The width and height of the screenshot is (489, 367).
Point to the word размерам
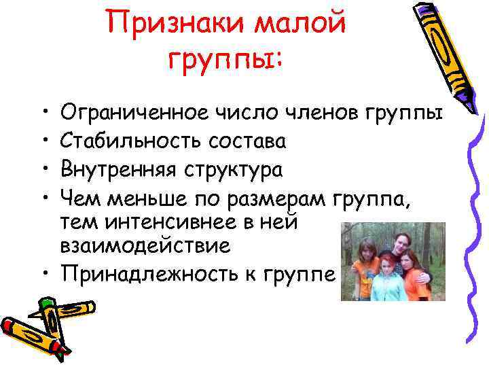pos(284,197)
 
